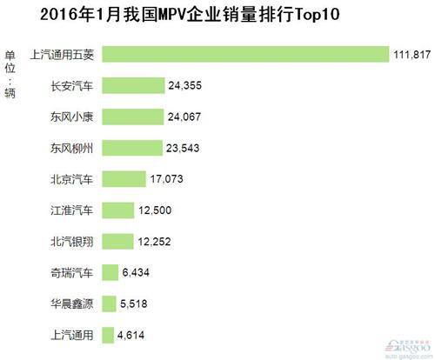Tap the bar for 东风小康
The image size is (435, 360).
[x=133, y=117]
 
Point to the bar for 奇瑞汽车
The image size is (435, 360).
[x=110, y=272]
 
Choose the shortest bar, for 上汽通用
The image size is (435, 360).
[x=108, y=334]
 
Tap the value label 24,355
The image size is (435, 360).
[x=186, y=85]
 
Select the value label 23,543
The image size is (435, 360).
[x=184, y=148]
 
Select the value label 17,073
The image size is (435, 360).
[x=169, y=179]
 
